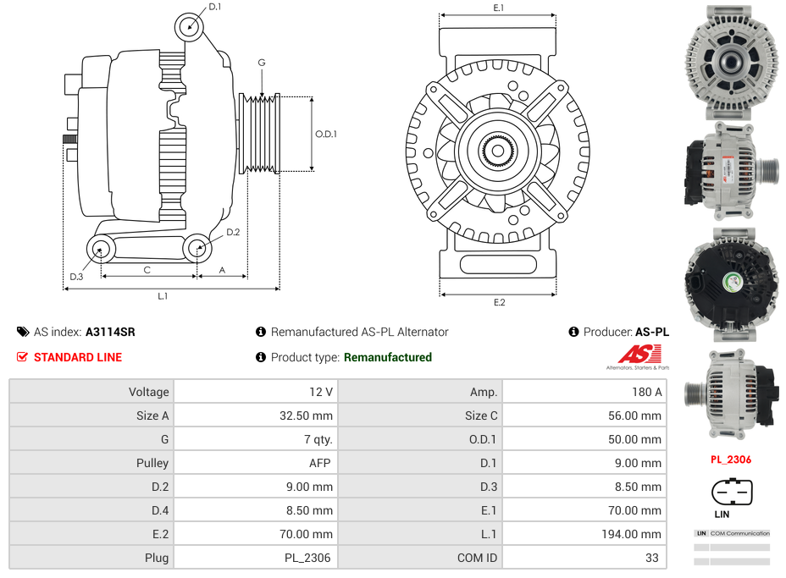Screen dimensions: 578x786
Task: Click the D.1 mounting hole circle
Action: (x=191, y=27)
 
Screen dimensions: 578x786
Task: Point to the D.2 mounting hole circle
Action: (x=198, y=249)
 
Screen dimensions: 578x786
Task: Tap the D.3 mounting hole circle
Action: (x=102, y=250)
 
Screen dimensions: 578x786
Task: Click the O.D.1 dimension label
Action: (x=326, y=134)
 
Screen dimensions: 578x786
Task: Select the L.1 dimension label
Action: (x=163, y=296)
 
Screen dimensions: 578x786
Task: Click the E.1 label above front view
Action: (x=499, y=8)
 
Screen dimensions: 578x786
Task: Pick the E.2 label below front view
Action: (x=499, y=302)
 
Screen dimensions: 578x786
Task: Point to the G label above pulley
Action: (x=262, y=63)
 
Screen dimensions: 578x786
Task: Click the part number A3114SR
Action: (x=110, y=332)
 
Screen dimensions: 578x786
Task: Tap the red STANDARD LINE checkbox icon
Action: (x=23, y=357)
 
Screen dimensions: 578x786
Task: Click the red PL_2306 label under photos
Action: (x=730, y=460)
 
